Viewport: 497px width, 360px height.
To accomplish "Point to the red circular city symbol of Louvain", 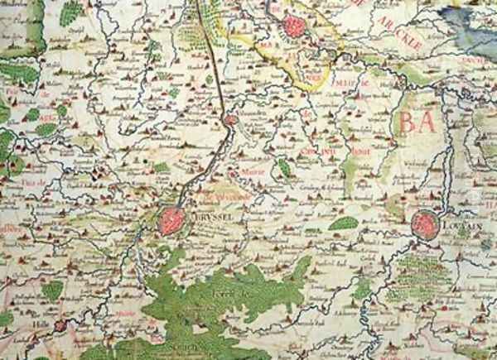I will (x=424, y=224).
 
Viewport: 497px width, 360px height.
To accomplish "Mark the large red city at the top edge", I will (x=293, y=26).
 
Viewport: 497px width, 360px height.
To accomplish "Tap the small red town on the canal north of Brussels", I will (x=231, y=121).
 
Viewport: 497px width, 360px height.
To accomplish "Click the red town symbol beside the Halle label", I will (x=60, y=326).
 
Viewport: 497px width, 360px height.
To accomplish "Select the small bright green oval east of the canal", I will (x=284, y=169).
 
